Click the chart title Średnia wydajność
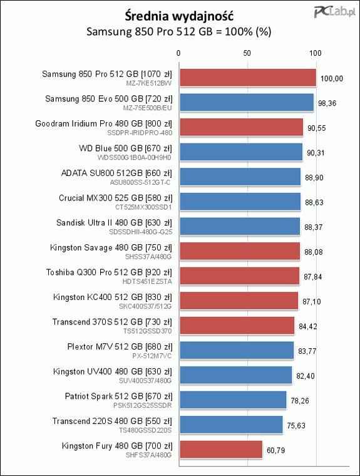pyautogui.click(x=179, y=16)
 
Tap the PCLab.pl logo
pyautogui.click(x=334, y=12)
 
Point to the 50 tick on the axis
pyautogui.click(x=247, y=53)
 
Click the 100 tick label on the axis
pyautogui.click(x=316, y=53)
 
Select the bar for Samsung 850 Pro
pyautogui.click(x=248, y=78)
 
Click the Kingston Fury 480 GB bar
pyautogui.click(x=221, y=449)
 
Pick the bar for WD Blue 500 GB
pyautogui.click(x=241, y=152)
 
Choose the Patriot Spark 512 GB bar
pyautogui.click(x=233, y=400)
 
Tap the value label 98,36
pyautogui.click(x=327, y=103)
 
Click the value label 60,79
pyautogui.click(x=276, y=450)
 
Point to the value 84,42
pyautogui.click(x=308, y=326)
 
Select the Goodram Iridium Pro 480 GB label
pyautogui.click(x=103, y=123)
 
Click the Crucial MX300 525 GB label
pyautogui.click(x=115, y=198)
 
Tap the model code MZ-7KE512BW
pyautogui.click(x=149, y=83)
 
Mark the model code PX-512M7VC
pyautogui.click(x=152, y=356)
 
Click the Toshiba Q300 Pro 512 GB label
pyautogui.click(x=109, y=272)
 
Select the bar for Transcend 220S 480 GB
pyautogui.click(x=231, y=425)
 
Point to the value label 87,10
pyautogui.click(x=312, y=301)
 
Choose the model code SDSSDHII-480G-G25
pyautogui.click(x=140, y=232)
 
